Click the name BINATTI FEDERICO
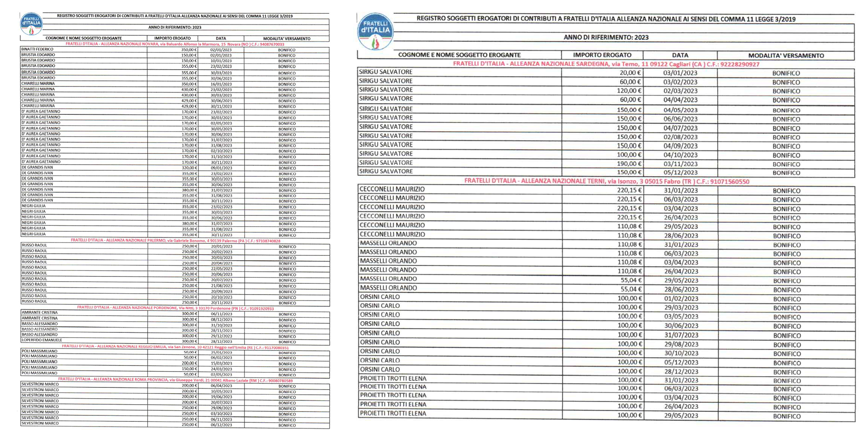[x=37, y=49]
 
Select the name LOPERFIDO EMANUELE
[x=42, y=341]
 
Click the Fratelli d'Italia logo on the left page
[x=31, y=24]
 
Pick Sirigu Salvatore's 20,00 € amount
[x=630, y=73]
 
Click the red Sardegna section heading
[x=606, y=64]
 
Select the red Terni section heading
[x=606, y=181]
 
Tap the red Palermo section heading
[x=175, y=241]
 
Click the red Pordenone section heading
[x=175, y=308]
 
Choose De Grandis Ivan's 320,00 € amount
[x=189, y=168]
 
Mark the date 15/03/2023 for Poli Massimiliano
[x=221, y=363]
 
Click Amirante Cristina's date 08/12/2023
[x=221, y=320]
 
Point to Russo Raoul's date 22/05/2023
[x=221, y=269]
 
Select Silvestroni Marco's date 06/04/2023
[x=221, y=386]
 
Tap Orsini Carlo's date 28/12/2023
[x=681, y=372]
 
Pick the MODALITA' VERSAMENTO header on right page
[x=786, y=55]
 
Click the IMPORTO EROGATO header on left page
[x=172, y=39]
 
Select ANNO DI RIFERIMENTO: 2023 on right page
[x=606, y=37]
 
